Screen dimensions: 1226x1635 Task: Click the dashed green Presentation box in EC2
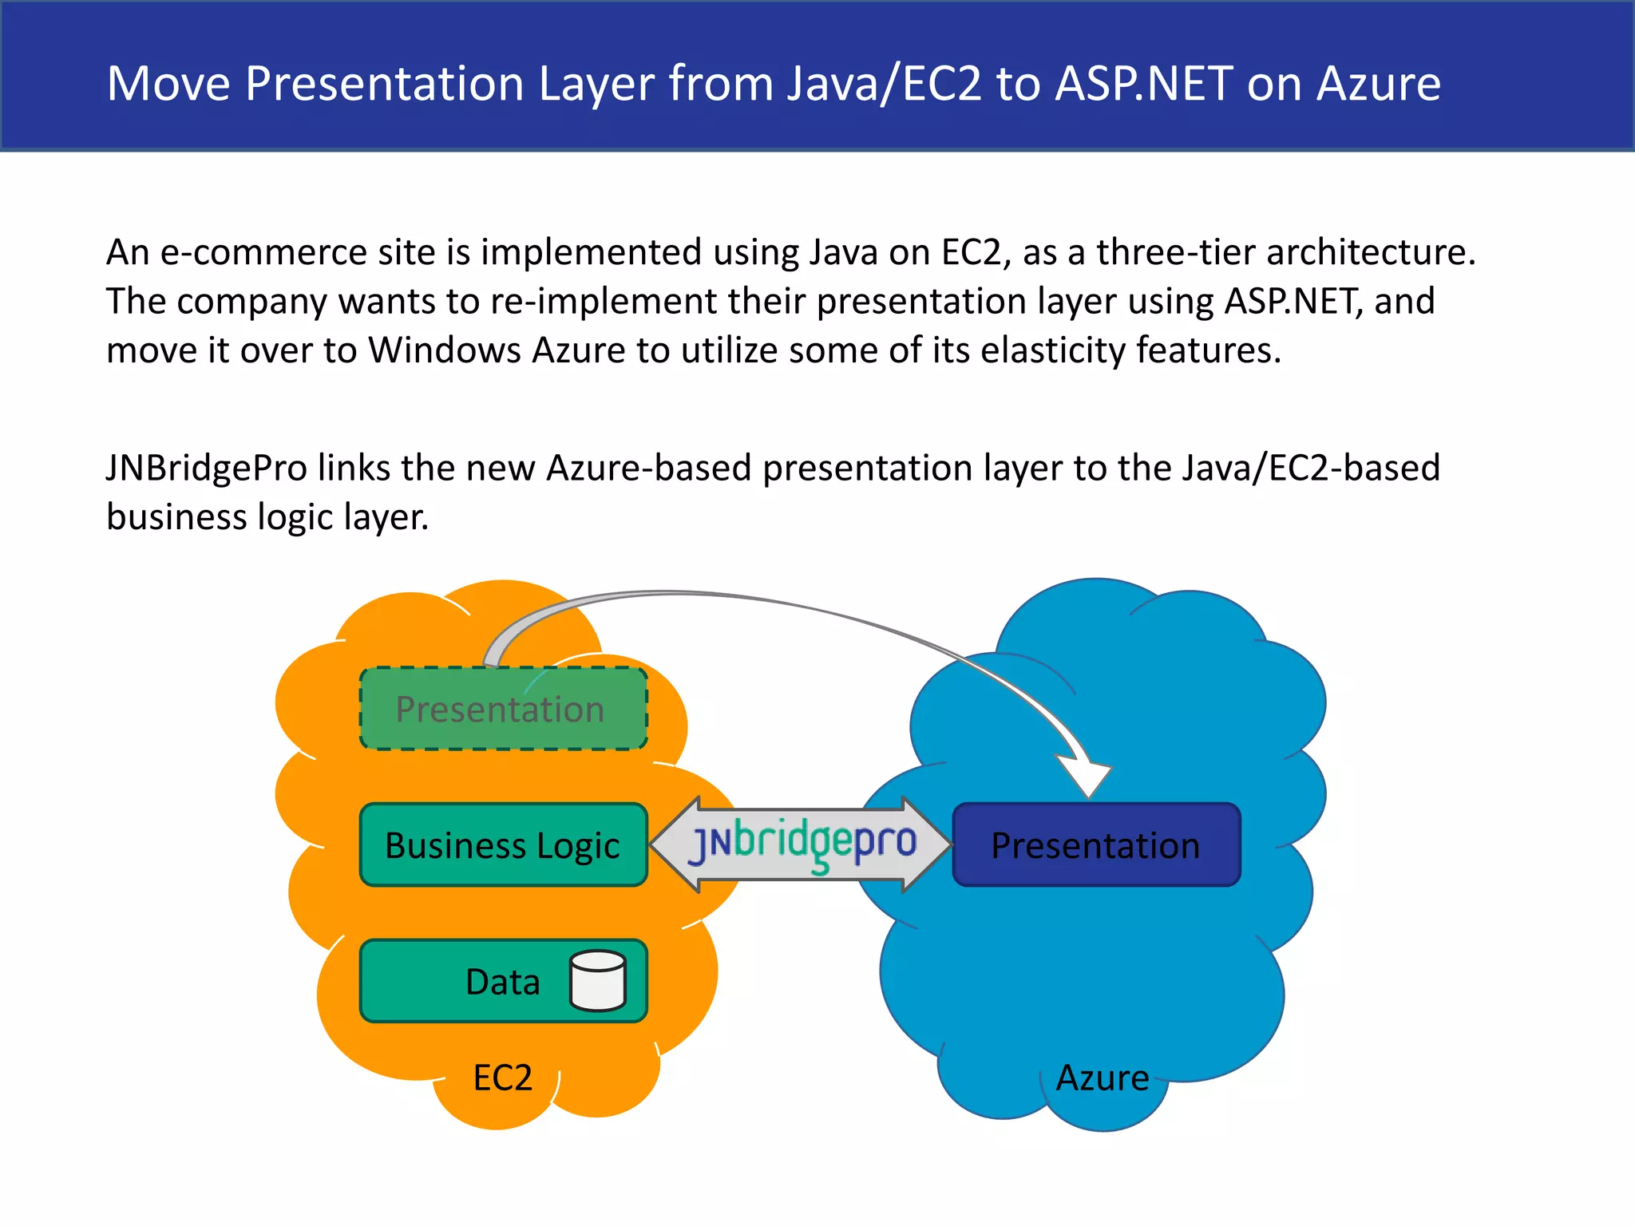pyautogui.click(x=503, y=709)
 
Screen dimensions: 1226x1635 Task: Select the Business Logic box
pyautogui.click(x=503, y=845)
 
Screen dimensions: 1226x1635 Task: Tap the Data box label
pyautogui.click(x=502, y=982)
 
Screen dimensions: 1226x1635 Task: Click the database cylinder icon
pyautogui.click(x=598, y=981)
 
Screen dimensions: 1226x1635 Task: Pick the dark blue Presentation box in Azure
pyautogui.click(x=1096, y=845)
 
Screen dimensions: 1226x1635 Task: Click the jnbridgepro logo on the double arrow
pyautogui.click(x=802, y=844)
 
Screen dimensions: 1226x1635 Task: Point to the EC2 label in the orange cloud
pyautogui.click(x=502, y=1078)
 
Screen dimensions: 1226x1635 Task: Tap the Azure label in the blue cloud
pyautogui.click(x=1103, y=1078)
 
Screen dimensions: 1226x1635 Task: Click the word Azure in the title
pyautogui.click(x=1379, y=83)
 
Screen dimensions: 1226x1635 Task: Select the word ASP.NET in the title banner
pyautogui.click(x=1144, y=83)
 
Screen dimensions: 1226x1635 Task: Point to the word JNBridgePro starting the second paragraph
pyautogui.click(x=207, y=468)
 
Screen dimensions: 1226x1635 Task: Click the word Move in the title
pyautogui.click(x=168, y=83)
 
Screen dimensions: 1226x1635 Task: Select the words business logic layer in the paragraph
pyautogui.click(x=267, y=517)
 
